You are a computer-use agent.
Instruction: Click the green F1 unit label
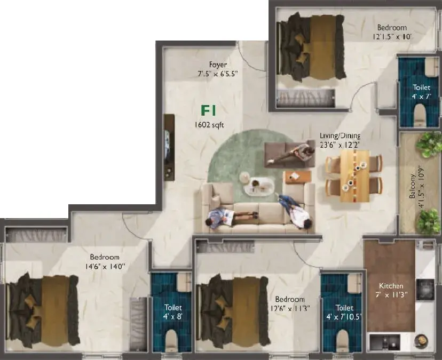coord(208,110)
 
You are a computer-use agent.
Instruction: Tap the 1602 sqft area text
coord(209,125)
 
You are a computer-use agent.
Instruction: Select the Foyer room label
coord(218,65)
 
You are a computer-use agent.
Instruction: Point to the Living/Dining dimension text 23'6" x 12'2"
coord(340,145)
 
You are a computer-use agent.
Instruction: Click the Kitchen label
coord(391,286)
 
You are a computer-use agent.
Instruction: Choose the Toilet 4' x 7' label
coord(421,92)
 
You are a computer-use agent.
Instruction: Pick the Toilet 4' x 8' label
coord(173,311)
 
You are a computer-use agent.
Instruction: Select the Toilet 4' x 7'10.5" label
coord(344,312)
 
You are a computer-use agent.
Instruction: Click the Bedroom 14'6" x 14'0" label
coord(105,262)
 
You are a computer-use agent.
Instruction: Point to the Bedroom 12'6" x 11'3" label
coord(290,303)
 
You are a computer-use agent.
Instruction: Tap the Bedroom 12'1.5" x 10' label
coord(392,32)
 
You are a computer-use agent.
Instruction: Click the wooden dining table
coord(354,176)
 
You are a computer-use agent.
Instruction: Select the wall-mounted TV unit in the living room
coord(169,148)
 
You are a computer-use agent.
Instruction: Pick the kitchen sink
coord(384,342)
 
